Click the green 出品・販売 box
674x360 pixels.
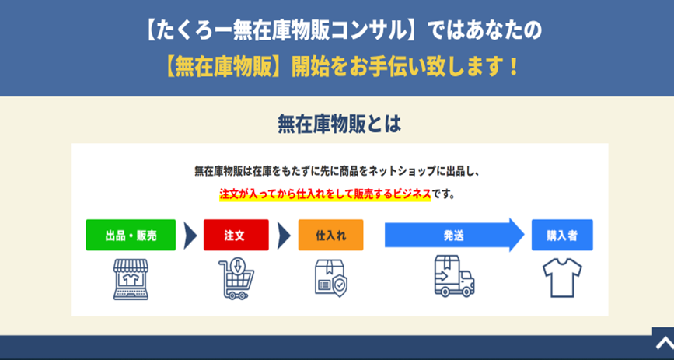[131, 235]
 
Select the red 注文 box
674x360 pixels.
[236, 235]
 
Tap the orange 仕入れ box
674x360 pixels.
[330, 235]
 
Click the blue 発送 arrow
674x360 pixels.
[454, 235]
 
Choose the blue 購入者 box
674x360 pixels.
[562, 235]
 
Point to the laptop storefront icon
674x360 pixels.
[131, 279]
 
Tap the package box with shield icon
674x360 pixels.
[330, 278]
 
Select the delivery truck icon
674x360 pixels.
[454, 276]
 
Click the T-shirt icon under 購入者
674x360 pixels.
[562, 278]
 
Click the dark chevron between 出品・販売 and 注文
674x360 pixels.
[190, 236]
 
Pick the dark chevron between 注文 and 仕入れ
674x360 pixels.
[284, 236]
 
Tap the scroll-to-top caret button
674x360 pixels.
[663, 343]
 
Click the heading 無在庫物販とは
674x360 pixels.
[339, 124]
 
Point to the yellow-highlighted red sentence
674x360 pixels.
[325, 194]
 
